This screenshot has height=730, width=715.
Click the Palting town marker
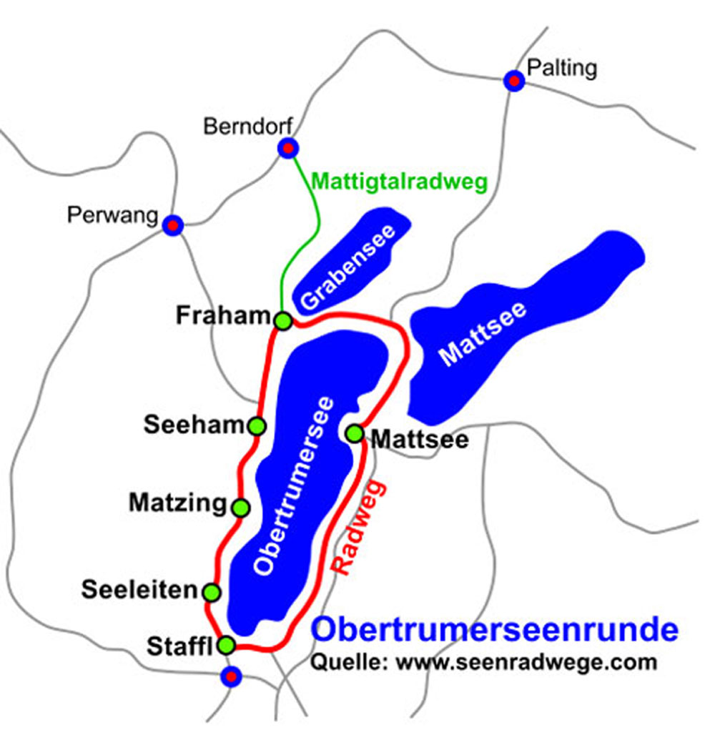tap(513, 81)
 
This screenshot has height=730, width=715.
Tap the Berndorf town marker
tap(287, 148)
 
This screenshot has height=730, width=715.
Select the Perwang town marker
tap(172, 225)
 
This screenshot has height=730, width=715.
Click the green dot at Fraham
tap(283, 321)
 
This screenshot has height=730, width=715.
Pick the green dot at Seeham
tap(257, 426)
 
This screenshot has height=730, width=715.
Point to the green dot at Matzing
tap(241, 508)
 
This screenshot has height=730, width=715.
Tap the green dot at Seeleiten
tap(212, 592)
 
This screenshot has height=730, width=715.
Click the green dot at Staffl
tap(226, 646)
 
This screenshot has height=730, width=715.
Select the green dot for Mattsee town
tap(354, 433)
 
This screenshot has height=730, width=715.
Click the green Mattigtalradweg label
tap(399, 182)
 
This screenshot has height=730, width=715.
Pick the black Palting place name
tap(561, 69)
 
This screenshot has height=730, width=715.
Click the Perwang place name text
tap(112, 214)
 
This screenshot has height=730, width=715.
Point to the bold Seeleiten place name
tap(139, 590)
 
